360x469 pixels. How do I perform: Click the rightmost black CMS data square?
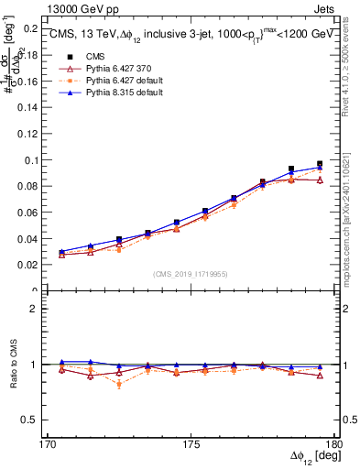click(x=320, y=164)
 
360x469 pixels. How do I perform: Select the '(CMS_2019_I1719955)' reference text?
click(x=191, y=273)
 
